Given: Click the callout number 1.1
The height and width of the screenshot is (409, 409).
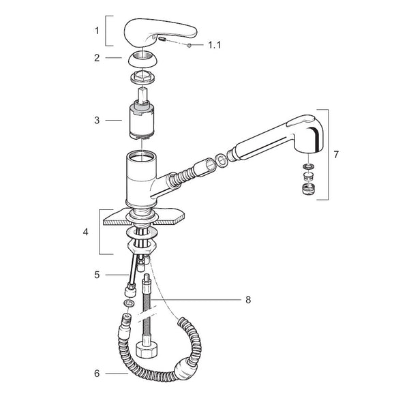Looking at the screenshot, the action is pyautogui.click(x=214, y=45).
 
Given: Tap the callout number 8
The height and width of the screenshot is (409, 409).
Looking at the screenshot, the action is pyautogui.click(x=248, y=300).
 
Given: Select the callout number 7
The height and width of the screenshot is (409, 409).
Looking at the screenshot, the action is pyautogui.click(x=336, y=155).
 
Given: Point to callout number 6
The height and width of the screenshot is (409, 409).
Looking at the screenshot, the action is pyautogui.click(x=97, y=374).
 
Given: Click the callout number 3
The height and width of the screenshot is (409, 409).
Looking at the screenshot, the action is pyautogui.click(x=97, y=120).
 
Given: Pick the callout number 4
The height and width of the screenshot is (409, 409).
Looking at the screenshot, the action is pyautogui.click(x=86, y=232).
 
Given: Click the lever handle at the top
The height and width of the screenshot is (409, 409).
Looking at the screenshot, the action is pyautogui.click(x=160, y=32).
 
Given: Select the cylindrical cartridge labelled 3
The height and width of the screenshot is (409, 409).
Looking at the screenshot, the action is pyautogui.click(x=142, y=121).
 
